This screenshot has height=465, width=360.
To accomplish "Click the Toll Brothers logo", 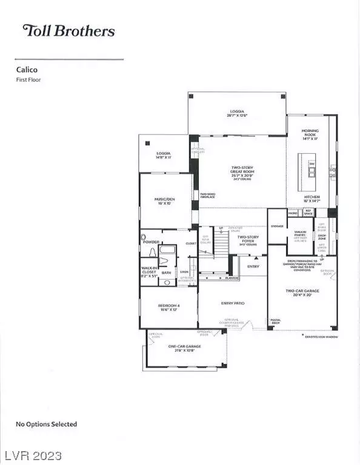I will pos(68,30).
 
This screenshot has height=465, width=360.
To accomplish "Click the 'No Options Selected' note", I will pos(47,424).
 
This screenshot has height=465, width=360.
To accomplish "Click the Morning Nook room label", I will pos(310,134).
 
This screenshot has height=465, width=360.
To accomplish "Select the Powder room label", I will pos(152,242).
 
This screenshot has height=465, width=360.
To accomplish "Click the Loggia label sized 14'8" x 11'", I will pos(162,155).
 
